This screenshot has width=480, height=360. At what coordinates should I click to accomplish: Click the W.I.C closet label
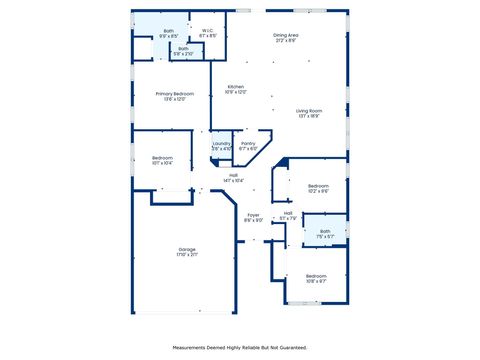click(207, 30)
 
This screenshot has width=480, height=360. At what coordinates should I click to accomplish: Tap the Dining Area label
click(286, 35)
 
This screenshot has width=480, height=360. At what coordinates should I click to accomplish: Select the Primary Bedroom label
click(174, 93)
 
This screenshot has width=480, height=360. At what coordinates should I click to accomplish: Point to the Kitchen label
click(235, 87)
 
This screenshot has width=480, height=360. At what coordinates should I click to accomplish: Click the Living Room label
click(309, 110)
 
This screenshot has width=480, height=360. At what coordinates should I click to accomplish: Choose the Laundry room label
click(221, 143)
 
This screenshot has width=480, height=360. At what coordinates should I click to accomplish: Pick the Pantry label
click(248, 143)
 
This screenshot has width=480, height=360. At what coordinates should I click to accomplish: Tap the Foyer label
click(254, 215)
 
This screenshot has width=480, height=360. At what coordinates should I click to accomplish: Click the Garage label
click(187, 249)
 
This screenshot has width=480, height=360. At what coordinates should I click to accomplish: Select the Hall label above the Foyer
click(233, 175)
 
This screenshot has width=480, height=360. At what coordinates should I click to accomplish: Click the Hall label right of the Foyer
click(288, 212)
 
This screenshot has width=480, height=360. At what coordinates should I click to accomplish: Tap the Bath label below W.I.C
click(183, 48)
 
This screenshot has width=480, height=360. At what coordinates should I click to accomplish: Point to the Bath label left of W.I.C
click(168, 31)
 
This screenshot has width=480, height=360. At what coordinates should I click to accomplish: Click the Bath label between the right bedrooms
click(325, 231)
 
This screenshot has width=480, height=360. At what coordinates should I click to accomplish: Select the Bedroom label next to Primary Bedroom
click(162, 158)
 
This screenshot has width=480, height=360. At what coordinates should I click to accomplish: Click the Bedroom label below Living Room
click(318, 186)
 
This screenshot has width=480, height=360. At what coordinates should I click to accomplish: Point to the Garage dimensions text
click(187, 254)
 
